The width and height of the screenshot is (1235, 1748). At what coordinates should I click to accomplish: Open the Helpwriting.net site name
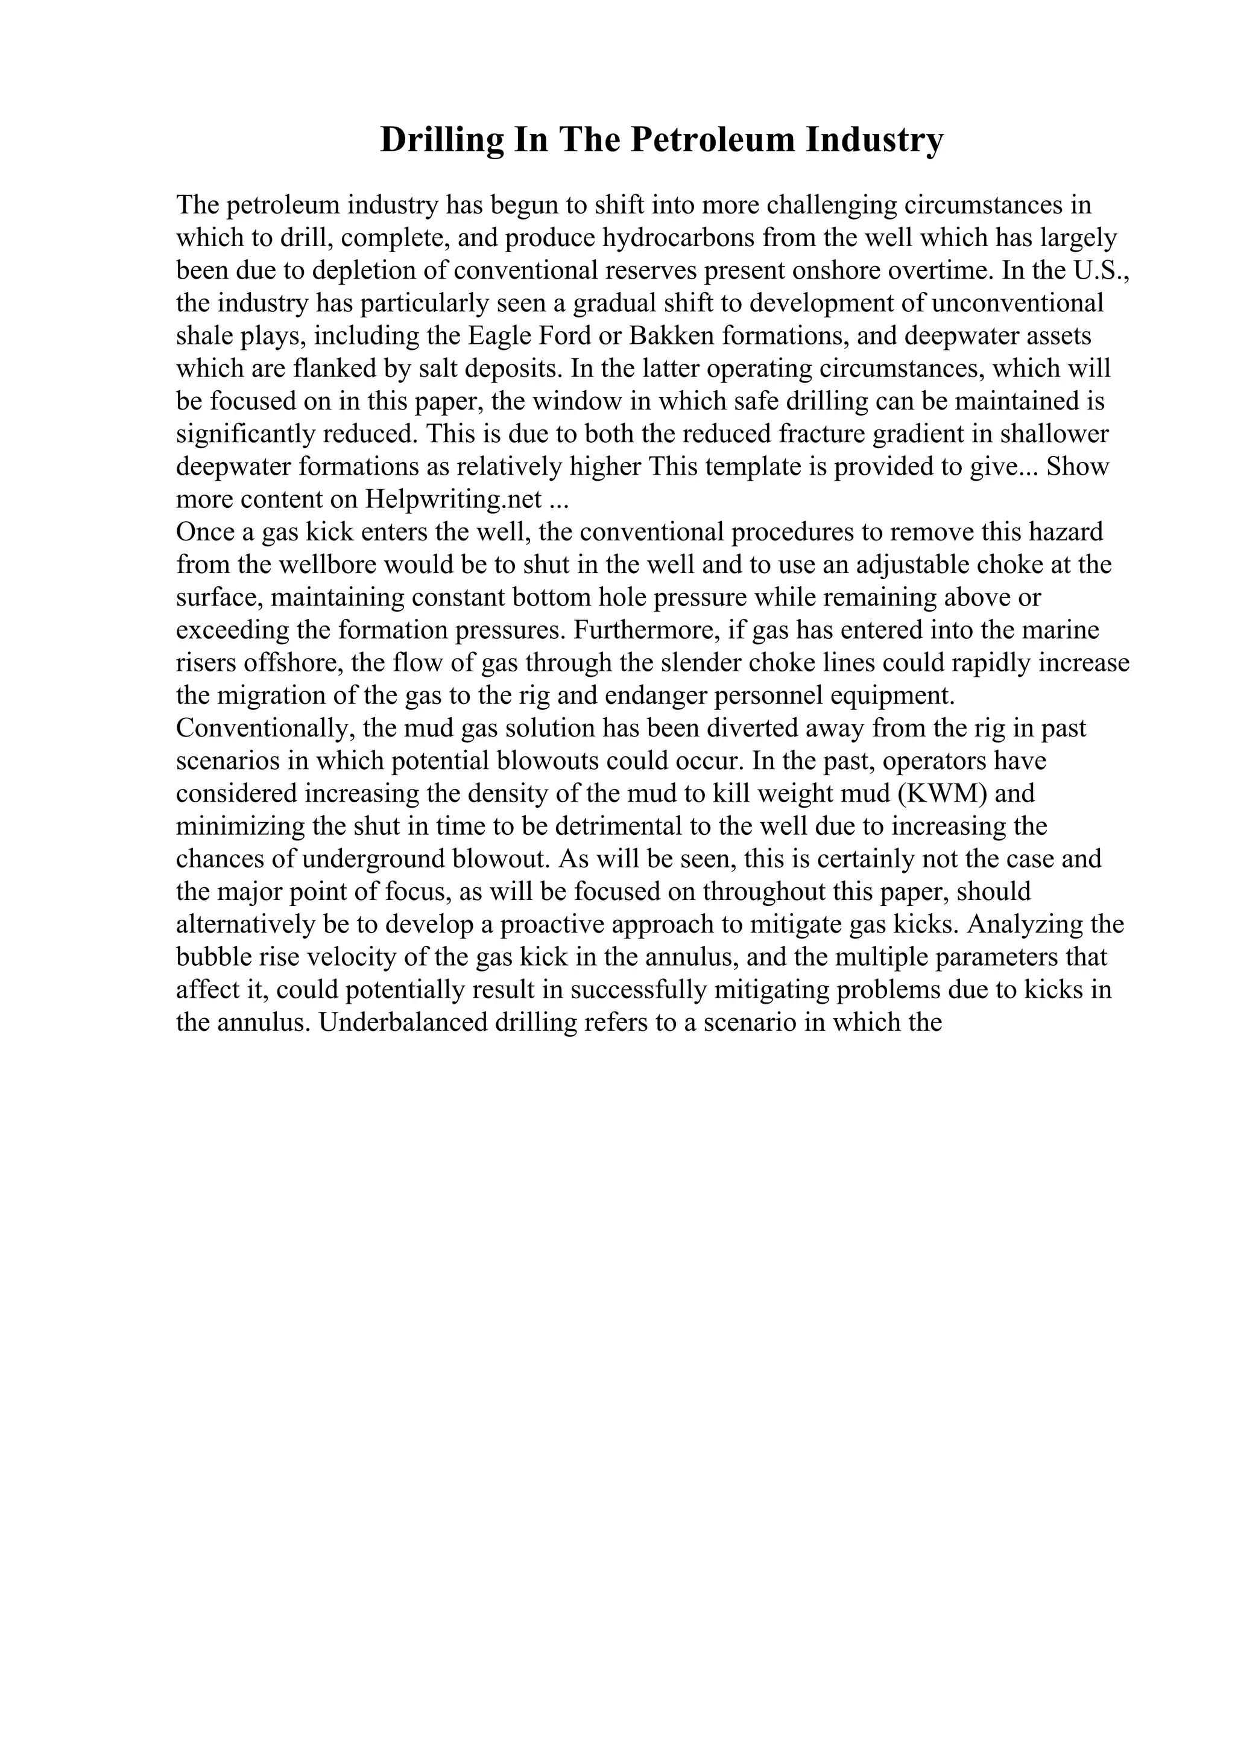pyautogui.click(x=453, y=499)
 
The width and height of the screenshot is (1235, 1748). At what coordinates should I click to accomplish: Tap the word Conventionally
pyautogui.click(x=267, y=729)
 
